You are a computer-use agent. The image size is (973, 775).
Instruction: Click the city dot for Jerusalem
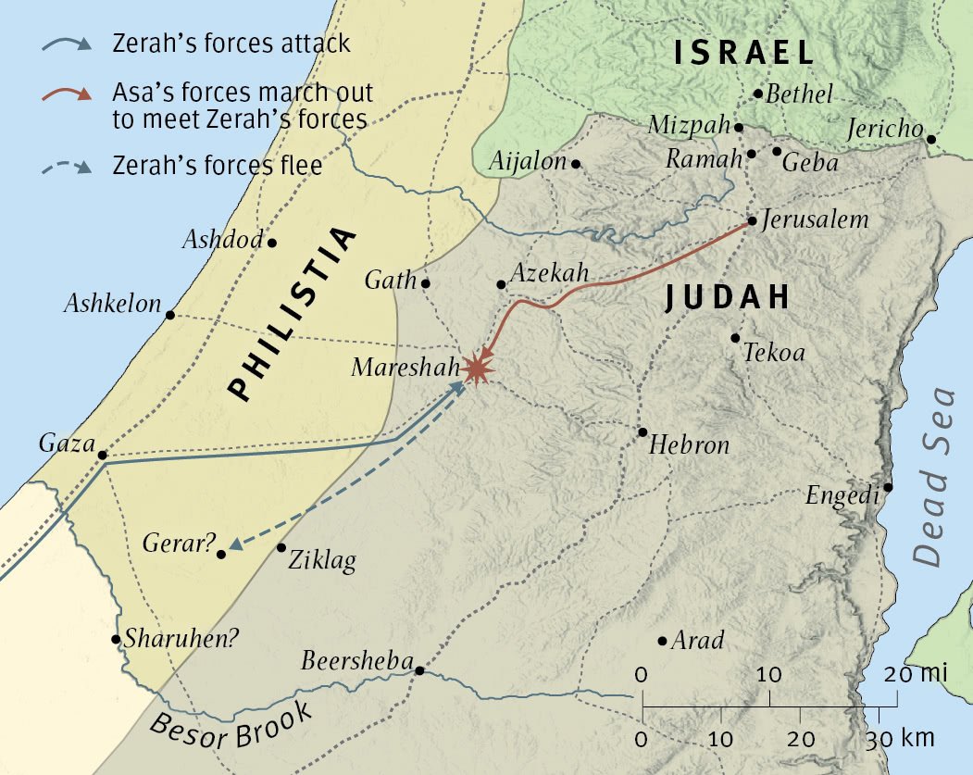tap(752, 221)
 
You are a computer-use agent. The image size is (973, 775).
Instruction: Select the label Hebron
tap(689, 445)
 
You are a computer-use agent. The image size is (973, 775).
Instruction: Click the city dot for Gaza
tap(102, 456)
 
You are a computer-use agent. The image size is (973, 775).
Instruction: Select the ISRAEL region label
tap(743, 52)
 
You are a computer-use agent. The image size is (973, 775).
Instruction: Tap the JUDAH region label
tap(727, 297)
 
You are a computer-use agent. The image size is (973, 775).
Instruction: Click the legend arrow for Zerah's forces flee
tap(67, 168)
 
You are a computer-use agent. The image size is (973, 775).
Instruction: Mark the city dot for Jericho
tap(930, 140)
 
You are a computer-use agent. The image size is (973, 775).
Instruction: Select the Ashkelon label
tap(112, 304)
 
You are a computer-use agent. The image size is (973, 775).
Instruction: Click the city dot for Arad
tap(662, 641)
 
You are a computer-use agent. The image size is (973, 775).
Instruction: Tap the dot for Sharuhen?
tap(116, 639)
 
